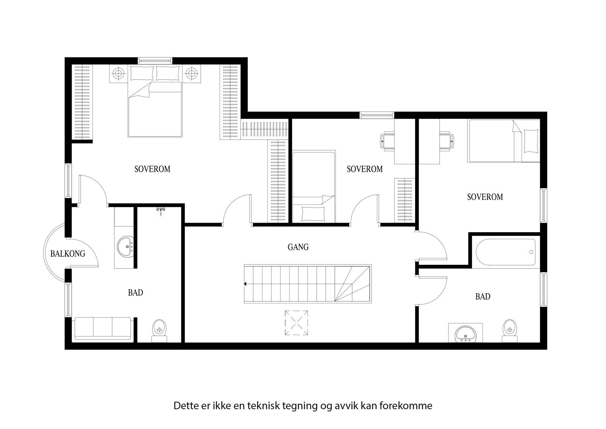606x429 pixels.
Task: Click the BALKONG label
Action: point(68,253)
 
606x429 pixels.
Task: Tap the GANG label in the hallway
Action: point(298,247)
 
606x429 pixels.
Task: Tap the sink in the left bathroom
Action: point(125,246)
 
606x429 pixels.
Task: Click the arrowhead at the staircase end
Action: point(246,283)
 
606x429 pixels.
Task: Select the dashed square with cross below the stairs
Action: point(296,322)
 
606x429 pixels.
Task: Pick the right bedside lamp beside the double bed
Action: point(192,73)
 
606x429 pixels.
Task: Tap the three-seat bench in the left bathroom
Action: point(103,328)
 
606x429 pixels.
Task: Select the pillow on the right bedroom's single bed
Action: point(530,141)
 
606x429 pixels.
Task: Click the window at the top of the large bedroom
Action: point(155,60)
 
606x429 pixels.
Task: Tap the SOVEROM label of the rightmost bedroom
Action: point(485,197)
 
